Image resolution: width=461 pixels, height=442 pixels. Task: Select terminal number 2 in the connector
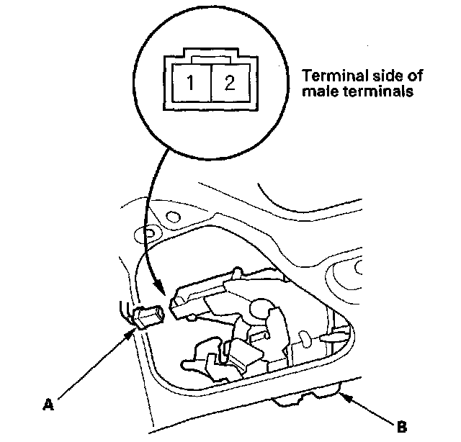[x=229, y=81]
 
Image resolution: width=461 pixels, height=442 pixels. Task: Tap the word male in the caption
[x=319, y=92]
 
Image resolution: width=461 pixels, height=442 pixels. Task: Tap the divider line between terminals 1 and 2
[x=208, y=81]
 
